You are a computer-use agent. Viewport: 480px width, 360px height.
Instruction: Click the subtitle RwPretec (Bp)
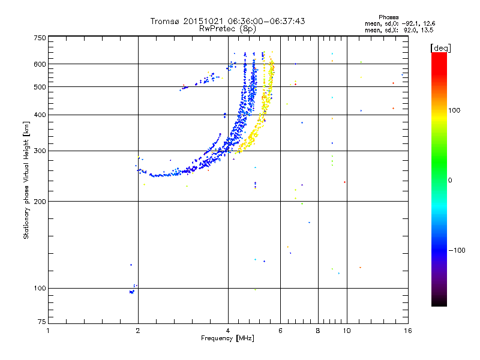227,28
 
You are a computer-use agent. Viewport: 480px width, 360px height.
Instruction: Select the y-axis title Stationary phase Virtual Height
26,181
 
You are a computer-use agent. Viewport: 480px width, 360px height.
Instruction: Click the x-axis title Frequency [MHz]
227,338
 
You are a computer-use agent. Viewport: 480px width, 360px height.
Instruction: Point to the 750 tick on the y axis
39,38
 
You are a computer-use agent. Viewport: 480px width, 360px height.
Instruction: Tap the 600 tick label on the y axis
39,64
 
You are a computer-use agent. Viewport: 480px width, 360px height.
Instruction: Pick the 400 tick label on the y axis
39,115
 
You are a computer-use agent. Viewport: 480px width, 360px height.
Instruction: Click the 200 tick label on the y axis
39,201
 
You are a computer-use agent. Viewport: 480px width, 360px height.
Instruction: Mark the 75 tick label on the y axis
41,323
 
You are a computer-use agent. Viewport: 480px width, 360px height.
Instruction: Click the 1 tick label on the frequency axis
48,331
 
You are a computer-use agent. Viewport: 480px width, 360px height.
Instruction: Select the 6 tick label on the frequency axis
280,331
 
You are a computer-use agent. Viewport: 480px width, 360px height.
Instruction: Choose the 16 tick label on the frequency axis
407,331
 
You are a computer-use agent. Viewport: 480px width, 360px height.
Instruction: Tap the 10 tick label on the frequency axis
347,331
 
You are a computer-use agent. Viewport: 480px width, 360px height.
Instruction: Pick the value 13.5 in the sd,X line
427,29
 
